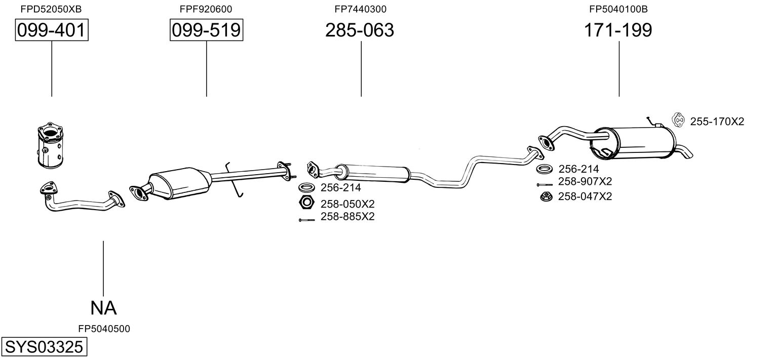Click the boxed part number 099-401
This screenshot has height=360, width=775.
tap(51, 30)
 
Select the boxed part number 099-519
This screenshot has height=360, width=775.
tap(206, 30)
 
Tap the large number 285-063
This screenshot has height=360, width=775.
tap(359, 30)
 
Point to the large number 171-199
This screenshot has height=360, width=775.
tap(618, 30)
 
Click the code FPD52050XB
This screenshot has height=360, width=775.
tap(51, 9)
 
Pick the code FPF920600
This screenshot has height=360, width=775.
tap(206, 9)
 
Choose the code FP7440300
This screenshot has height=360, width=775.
tap(360, 9)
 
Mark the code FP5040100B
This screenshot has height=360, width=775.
tap(618, 9)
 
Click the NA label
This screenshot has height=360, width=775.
tap(103, 307)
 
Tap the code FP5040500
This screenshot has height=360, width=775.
tap(104, 329)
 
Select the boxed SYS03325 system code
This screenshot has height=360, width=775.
tap(44, 347)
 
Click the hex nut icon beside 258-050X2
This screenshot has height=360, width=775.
tap(305, 204)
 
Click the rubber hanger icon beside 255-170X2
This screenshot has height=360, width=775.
tap(677, 121)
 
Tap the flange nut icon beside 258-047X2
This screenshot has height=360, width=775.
tap(546, 196)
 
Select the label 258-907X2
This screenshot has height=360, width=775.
tap(585, 182)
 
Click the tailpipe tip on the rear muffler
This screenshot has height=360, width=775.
tap(686, 151)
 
